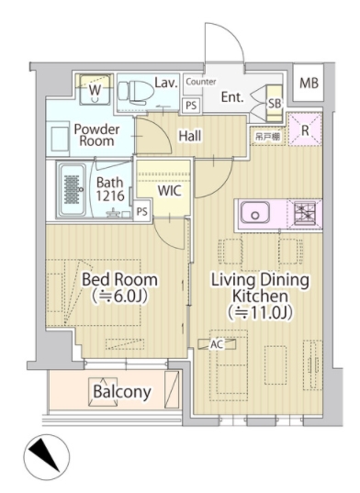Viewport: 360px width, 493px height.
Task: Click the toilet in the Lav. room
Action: pyautogui.click(x=136, y=93)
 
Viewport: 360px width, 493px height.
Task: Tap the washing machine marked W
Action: pyautogui.click(x=95, y=90)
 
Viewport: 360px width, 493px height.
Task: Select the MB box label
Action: pyautogui.click(x=309, y=83)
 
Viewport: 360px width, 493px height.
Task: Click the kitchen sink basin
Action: pyautogui.click(x=255, y=213)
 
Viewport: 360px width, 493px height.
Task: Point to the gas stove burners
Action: pyautogui.click(x=304, y=213)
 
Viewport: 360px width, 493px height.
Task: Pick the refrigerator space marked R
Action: pyautogui.click(x=305, y=129)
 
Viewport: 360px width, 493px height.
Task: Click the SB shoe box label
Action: pyautogui.click(x=275, y=103)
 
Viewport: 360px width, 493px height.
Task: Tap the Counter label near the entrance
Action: pyautogui.click(x=201, y=82)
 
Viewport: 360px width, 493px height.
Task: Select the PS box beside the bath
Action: pyautogui.click(x=142, y=211)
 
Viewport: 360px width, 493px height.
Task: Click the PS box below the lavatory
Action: pyautogui.click(x=191, y=105)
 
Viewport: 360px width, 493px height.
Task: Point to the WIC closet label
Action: pyautogui.click(x=170, y=191)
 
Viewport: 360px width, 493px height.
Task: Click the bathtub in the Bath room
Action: pyautogui.click(x=73, y=189)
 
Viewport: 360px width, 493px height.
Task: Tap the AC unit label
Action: pyautogui.click(x=217, y=344)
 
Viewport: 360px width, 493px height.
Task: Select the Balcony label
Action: pyautogui.click(x=122, y=392)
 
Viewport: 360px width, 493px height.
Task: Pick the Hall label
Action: pyautogui.click(x=190, y=136)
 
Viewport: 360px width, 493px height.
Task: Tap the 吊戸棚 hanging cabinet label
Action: pyautogui.click(x=267, y=137)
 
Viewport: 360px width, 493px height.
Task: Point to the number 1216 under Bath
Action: pyautogui.click(x=110, y=196)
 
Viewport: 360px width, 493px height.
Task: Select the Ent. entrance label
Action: pyautogui.click(x=232, y=96)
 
